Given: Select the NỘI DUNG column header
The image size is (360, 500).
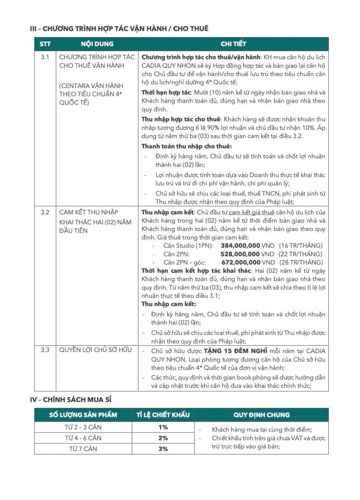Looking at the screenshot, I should (97, 44).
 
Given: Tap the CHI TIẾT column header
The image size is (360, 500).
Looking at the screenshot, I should (233, 44).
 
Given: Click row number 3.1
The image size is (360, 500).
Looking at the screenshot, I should (45, 57).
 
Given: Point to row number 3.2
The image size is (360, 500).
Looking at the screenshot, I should (45, 213).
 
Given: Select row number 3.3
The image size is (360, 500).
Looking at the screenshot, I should (45, 351).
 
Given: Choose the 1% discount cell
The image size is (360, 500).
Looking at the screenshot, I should (163, 428).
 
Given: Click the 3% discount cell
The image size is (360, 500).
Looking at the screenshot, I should (163, 449).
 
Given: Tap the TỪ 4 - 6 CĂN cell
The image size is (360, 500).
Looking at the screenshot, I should (83, 438).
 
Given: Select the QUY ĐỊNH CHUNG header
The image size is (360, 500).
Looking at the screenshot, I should (261, 415).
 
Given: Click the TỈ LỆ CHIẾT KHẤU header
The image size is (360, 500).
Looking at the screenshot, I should (163, 415).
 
